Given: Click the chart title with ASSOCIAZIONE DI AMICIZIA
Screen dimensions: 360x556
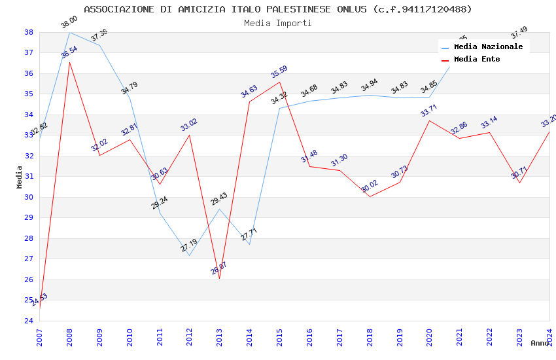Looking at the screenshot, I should pyautogui.click(x=278, y=9).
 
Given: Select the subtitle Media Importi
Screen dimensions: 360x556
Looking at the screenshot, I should pyautogui.click(x=278, y=23).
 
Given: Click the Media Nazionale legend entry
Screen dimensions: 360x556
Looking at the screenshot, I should pyautogui.click(x=488, y=47).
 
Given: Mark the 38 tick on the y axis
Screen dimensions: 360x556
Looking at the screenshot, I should pyautogui.click(x=29, y=32).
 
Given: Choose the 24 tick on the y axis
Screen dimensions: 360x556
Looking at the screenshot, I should pyautogui.click(x=29, y=321).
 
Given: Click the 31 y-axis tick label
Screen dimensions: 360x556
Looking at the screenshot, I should pyautogui.click(x=29, y=177).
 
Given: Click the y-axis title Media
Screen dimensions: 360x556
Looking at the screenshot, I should pyautogui.click(x=20, y=177).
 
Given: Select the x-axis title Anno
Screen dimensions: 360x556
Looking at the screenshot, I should pyautogui.click(x=540, y=343).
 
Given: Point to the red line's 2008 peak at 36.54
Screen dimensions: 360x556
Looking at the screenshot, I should pyautogui.click(x=69, y=62).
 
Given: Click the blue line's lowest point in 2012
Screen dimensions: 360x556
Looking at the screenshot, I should pyautogui.click(x=189, y=255).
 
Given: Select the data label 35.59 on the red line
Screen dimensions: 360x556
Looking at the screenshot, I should pyautogui.click(x=279, y=72).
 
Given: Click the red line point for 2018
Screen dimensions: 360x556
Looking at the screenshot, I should pyautogui.click(x=370, y=196).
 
